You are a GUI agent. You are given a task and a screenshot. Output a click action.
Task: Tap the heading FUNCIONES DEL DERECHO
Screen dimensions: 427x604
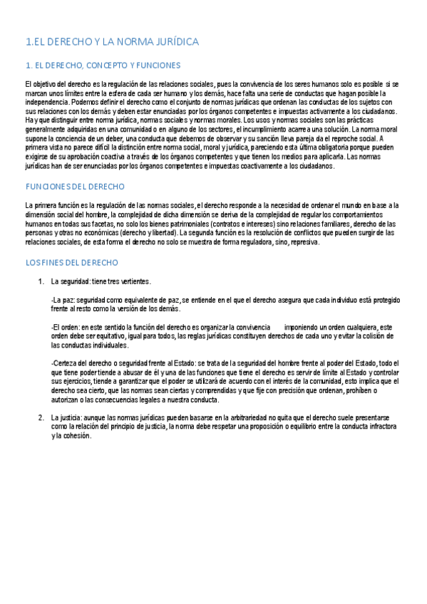tap(75, 187)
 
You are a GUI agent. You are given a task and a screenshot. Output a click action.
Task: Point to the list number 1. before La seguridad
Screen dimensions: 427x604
tap(41, 281)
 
